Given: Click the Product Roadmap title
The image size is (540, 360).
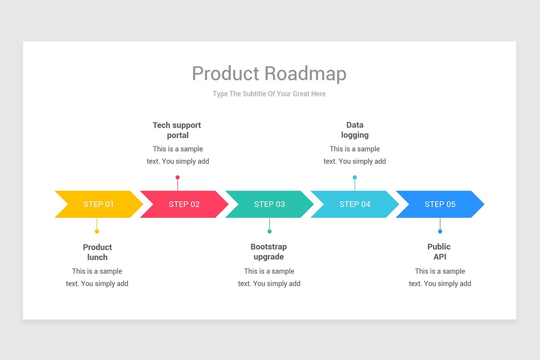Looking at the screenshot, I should tap(269, 74).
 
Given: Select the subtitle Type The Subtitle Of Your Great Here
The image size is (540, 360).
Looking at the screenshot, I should tap(269, 94).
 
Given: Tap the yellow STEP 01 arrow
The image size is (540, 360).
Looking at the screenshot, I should tap(99, 204).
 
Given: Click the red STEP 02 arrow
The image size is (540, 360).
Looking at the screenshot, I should tap(184, 204).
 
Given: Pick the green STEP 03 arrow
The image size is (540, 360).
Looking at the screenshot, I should tap(270, 204).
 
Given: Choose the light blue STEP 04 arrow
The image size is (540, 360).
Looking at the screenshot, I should tap(355, 204).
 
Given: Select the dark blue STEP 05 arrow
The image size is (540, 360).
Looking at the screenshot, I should tap(440, 204).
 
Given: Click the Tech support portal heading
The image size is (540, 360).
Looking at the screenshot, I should tap(177, 130).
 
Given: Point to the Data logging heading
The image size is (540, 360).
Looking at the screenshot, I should tap(355, 130).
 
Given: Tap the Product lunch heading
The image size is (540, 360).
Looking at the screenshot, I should tap(97, 252).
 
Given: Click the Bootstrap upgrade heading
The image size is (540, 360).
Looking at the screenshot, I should tap(269, 252).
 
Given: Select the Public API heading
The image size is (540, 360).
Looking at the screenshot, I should tap(439, 252).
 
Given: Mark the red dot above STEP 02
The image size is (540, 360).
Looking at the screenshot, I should tap(178, 177).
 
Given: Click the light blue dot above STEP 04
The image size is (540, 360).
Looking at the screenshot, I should tap(355, 177).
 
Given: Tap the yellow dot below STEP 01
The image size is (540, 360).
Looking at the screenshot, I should tap(97, 231).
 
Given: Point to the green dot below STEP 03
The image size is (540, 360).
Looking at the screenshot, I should tap(270, 231).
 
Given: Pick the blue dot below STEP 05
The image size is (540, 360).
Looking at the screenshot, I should tap(440, 231).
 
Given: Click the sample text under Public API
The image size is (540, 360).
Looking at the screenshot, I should tap(440, 277).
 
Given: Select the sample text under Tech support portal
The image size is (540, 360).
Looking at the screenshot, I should tap(178, 155).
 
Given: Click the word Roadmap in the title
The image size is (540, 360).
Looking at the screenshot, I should tap(306, 74).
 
